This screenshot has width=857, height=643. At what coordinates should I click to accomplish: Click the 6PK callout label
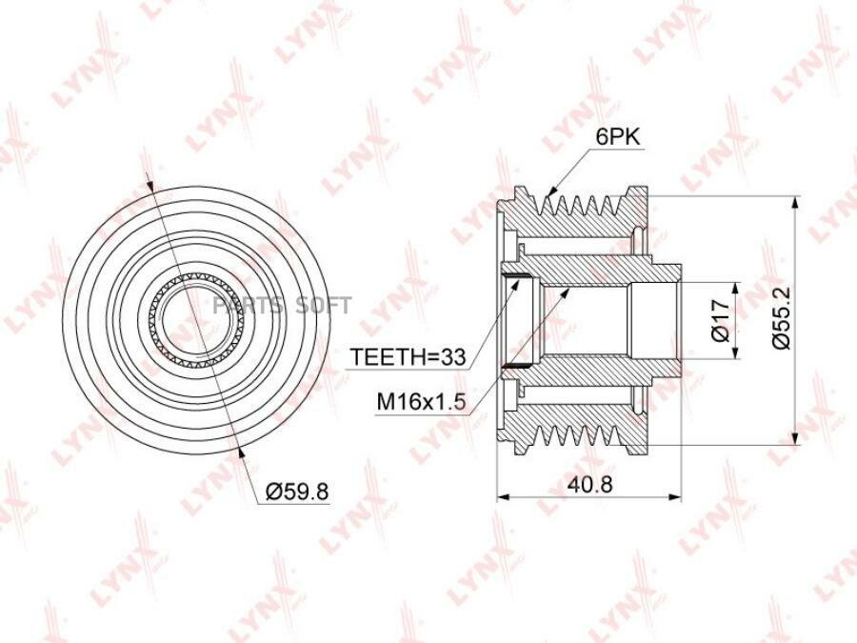(x=618, y=136)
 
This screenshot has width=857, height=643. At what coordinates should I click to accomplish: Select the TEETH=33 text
(x=408, y=357)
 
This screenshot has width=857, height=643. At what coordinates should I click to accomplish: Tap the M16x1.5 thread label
(x=422, y=402)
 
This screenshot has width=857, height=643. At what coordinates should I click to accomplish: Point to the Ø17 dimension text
(x=722, y=320)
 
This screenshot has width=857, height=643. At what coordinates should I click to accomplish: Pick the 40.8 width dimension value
(x=588, y=484)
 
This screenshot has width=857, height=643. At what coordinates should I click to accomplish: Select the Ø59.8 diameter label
(x=297, y=492)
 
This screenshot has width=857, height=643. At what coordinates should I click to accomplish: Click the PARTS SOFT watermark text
(x=282, y=306)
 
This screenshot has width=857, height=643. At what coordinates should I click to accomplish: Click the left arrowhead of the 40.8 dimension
(x=503, y=497)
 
